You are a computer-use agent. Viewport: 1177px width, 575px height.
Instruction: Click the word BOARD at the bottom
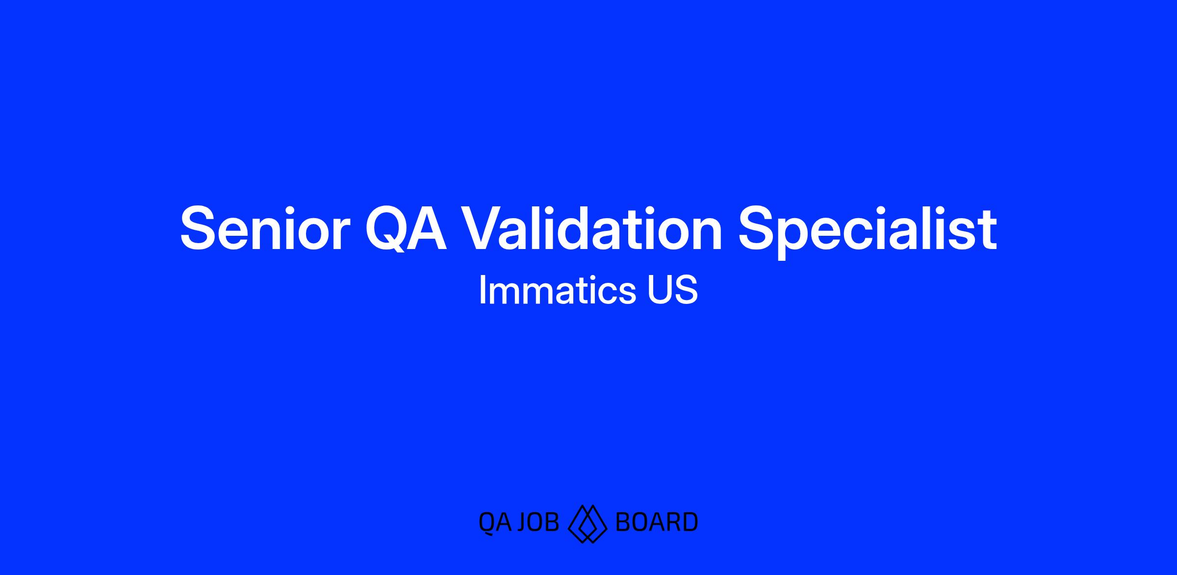click(x=656, y=522)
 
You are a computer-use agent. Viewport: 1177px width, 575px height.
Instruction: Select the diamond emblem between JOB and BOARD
click(x=588, y=524)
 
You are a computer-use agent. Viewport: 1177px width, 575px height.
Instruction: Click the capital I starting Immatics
click(x=482, y=290)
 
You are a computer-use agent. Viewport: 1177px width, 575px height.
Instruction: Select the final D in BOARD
click(x=690, y=522)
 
